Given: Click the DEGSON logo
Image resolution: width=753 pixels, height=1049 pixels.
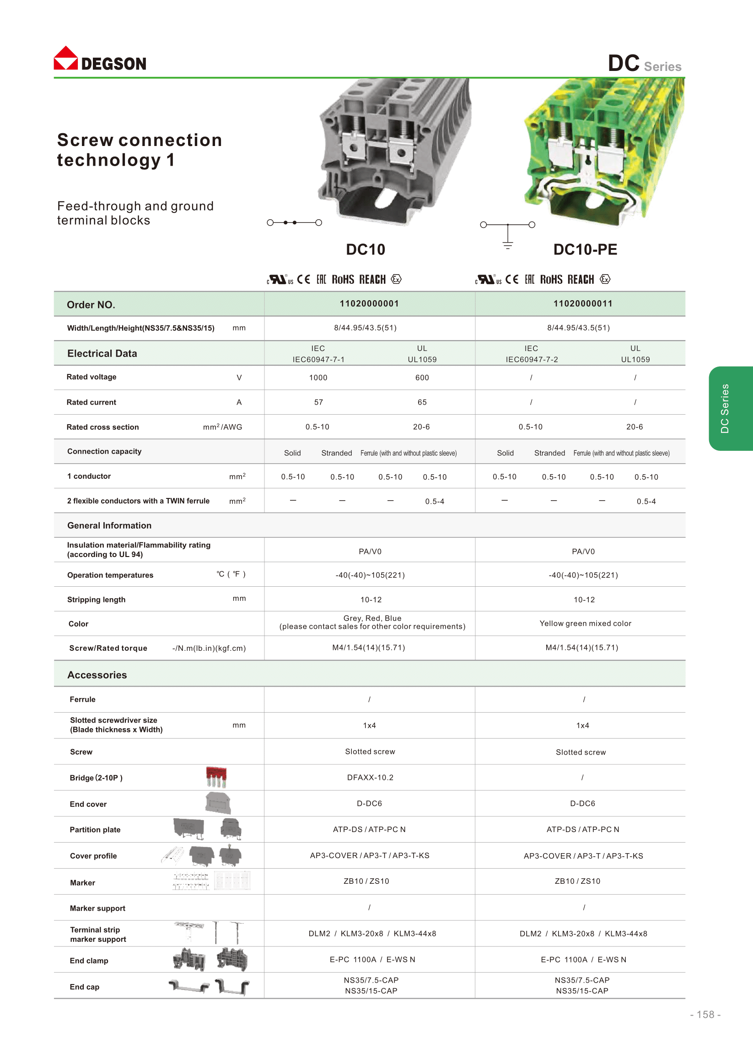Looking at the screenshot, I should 100,59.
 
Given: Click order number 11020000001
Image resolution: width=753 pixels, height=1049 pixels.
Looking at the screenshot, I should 369,304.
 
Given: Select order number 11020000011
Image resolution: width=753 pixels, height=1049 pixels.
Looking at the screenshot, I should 583,304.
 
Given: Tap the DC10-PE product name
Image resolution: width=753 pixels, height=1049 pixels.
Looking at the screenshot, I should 585,250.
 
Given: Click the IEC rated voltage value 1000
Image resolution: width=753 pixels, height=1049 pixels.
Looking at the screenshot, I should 318,378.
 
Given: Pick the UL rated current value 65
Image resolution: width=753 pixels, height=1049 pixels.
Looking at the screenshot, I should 422,402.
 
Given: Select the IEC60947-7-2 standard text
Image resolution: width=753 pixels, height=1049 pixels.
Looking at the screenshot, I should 532,360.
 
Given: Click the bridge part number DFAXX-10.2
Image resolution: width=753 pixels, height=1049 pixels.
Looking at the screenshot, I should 370,778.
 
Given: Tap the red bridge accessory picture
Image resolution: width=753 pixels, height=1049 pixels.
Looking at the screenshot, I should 216,777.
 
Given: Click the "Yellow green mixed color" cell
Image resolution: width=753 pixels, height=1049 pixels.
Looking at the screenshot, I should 585,623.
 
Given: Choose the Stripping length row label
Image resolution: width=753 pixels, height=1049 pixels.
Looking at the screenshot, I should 96,600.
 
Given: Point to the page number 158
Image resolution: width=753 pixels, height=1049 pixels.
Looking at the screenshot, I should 705,1015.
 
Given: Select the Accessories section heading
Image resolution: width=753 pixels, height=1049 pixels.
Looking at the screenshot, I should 97,675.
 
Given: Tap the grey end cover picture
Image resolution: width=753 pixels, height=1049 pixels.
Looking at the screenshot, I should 218,803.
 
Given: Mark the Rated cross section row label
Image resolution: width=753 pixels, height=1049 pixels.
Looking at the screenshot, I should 102,427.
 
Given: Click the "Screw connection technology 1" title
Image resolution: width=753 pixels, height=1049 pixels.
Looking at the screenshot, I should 139,150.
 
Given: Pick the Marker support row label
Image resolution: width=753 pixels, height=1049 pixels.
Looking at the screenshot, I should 97,908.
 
